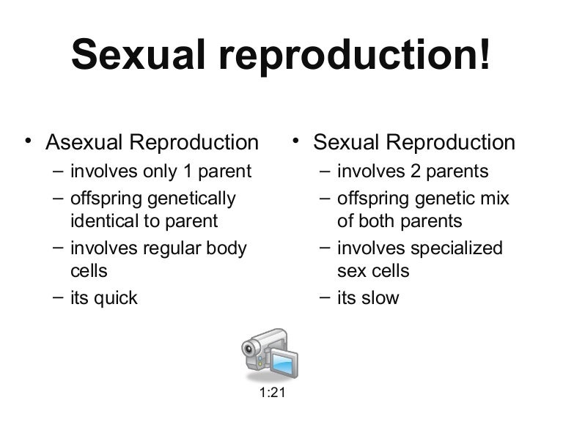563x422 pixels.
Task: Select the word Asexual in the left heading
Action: coord(87,141)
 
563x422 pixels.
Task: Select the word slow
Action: coord(380,298)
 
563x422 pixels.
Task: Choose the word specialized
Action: coord(457,248)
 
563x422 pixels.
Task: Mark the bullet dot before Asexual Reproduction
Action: coord(27,139)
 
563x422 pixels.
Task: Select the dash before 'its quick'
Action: coord(58,297)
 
